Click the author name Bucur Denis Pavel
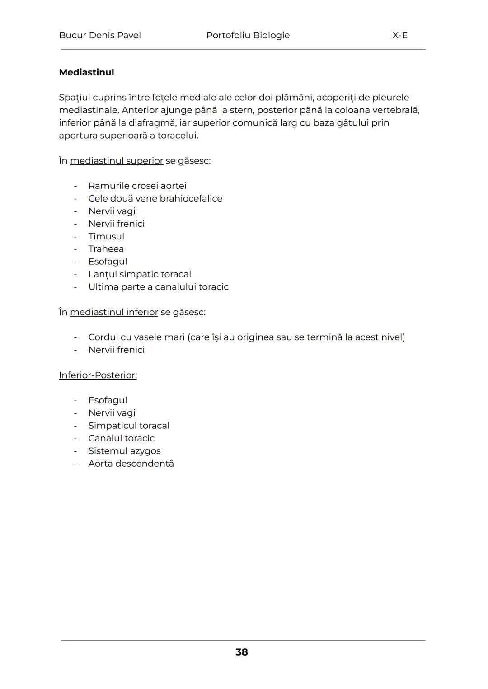pos(100,35)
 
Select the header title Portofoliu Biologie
pos(248,35)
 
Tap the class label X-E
pos(400,35)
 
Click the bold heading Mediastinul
pos(86,72)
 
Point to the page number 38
pos(242,652)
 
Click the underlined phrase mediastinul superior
pos(117,161)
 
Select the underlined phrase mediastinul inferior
pos(114,312)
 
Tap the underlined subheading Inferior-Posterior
pos(98,375)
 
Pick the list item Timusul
pos(106,236)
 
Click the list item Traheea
pos(106,249)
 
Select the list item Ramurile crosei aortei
pos(137,186)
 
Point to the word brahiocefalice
pos(191,198)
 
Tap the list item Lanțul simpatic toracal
pos(140,274)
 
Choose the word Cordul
pos(103,337)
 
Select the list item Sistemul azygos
pos(124,451)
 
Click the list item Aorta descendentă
pos(131,464)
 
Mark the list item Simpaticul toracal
pos(129,426)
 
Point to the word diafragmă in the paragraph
pos(153,123)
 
